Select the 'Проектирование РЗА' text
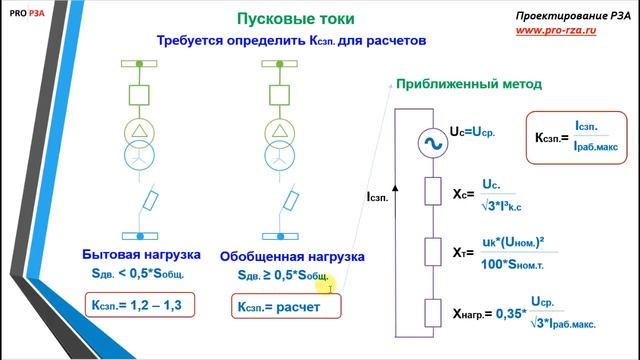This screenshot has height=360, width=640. [565, 16]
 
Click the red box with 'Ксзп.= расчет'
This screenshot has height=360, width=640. [285, 306]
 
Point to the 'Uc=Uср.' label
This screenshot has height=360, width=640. [475, 131]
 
